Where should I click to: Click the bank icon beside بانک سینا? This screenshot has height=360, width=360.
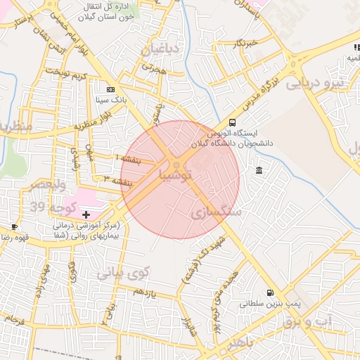click(x=110, y=89)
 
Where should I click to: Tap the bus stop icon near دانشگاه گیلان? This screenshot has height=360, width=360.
click(x=233, y=121)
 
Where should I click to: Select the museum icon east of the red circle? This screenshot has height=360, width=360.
click(x=260, y=171)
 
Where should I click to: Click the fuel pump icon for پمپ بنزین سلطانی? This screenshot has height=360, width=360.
click(x=269, y=292)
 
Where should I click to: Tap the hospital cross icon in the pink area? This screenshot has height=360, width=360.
click(x=86, y=213)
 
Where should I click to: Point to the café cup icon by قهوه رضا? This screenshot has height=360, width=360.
click(x=14, y=226)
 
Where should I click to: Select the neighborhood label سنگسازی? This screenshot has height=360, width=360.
click(x=217, y=211)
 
